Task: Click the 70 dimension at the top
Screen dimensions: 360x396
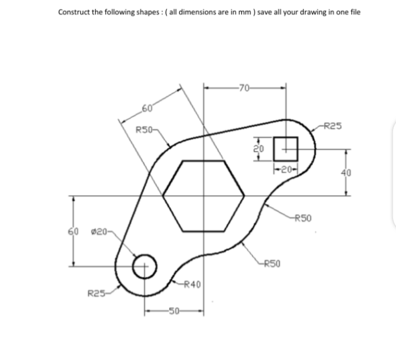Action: (245, 87)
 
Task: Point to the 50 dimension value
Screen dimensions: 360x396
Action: (174, 311)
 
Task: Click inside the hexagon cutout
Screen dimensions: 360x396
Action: (203, 195)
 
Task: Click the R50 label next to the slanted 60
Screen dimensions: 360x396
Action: (146, 129)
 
